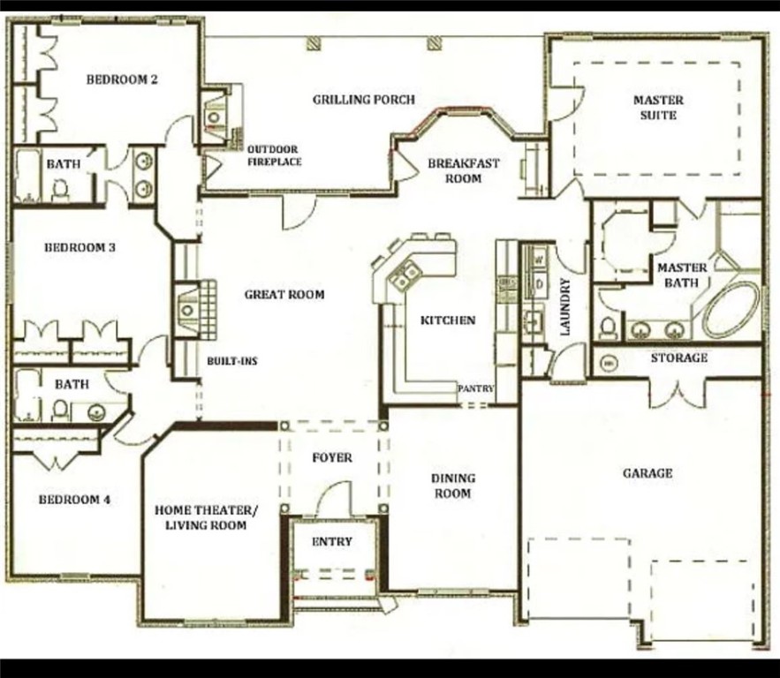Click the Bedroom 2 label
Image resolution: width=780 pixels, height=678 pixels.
[122, 79]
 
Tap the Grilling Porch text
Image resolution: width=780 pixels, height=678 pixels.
[363, 100]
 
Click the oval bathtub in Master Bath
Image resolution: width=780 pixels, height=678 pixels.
[731, 309]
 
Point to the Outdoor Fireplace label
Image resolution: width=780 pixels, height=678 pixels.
[273, 155]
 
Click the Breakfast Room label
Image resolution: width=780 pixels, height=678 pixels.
[464, 170]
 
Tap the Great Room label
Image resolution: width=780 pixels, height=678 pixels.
[284, 295]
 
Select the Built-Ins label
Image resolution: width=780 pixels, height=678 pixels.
[232, 362]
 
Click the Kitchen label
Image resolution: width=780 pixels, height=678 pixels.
[448, 320]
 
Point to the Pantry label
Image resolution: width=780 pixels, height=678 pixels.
[475, 388]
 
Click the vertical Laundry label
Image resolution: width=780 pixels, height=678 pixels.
[565, 307]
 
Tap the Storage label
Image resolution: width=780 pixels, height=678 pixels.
[678, 358]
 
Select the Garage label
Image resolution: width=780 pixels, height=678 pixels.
[647, 473]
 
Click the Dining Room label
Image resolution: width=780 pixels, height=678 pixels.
[452, 486]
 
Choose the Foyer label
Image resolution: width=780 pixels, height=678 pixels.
[332, 457]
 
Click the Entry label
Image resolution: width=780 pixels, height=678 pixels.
[332, 541]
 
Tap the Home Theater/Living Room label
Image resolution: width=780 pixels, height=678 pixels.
[207, 517]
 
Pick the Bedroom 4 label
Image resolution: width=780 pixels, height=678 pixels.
[74, 500]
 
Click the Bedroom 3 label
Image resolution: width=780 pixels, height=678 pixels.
[80, 248]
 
